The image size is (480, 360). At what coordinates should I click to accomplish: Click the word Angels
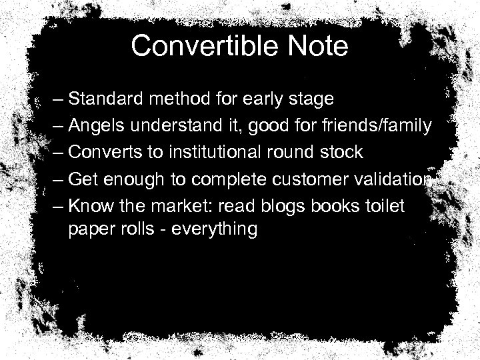[94, 125]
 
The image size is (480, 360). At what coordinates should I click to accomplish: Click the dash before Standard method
[58, 100]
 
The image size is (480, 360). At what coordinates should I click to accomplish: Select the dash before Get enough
[58, 179]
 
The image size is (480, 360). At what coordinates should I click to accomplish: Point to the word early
[261, 100]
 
